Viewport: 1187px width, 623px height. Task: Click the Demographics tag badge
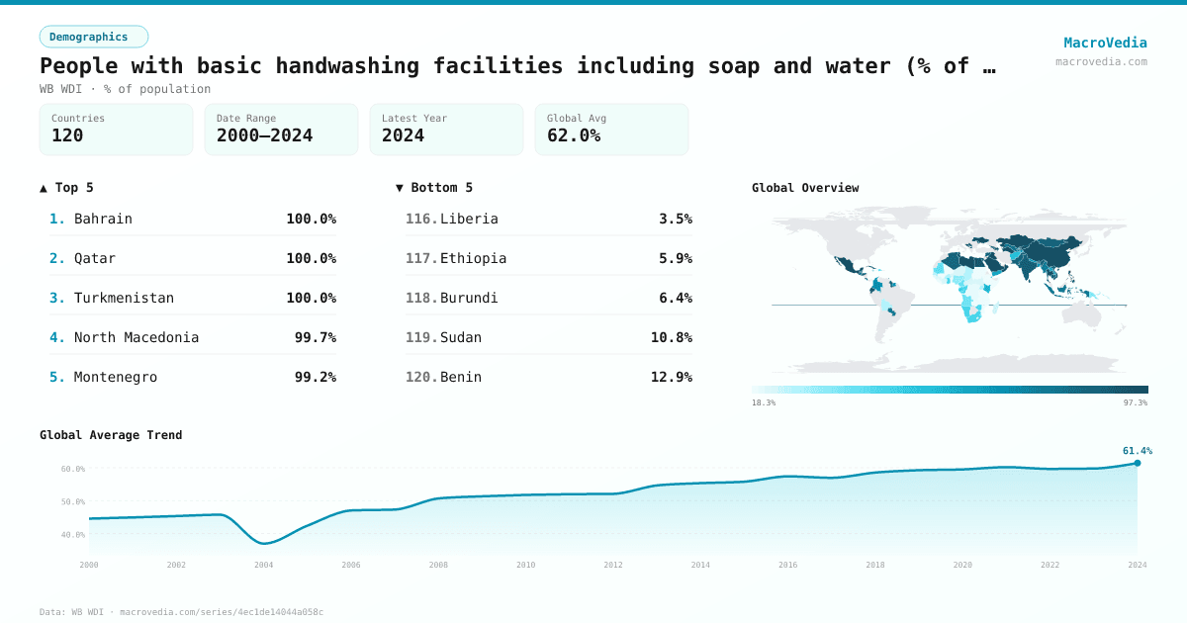tap(93, 37)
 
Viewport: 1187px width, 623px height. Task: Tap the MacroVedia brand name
tap(1105, 43)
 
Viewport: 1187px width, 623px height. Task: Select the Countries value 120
tap(67, 135)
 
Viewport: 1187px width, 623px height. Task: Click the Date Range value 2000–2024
tap(264, 135)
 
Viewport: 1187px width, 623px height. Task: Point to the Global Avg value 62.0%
tap(574, 135)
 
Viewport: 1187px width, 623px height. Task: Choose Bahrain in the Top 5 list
tap(103, 219)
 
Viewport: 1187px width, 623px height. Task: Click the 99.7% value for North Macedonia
tap(315, 337)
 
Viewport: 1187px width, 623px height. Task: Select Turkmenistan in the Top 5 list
tap(124, 298)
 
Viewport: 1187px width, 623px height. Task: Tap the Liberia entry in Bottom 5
tap(469, 219)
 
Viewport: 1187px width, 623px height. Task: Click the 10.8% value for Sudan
tap(671, 337)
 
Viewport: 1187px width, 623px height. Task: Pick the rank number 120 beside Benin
tap(420, 377)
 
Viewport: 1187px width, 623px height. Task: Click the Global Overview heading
tap(805, 188)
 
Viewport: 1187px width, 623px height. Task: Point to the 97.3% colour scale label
tap(1135, 402)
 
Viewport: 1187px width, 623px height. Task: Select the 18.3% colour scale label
tap(764, 402)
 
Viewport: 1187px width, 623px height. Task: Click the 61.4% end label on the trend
tap(1137, 451)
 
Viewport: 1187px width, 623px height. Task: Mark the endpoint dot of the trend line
tap(1138, 463)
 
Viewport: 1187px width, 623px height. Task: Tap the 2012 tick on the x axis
tap(613, 565)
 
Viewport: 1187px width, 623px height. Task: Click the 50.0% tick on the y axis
tap(73, 501)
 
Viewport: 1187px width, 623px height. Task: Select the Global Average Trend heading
tap(111, 435)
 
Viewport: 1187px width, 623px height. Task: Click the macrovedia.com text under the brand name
tap(1101, 61)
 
